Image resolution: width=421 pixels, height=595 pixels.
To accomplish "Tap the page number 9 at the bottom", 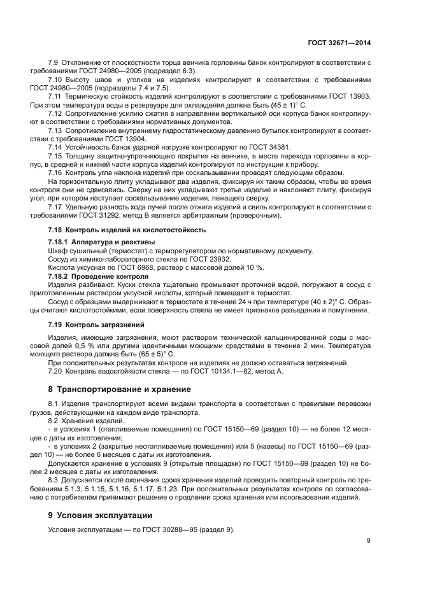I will (368, 541).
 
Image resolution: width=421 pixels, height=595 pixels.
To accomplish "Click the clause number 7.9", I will (54, 63).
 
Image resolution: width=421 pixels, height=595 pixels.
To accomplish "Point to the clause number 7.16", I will (56, 172).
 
